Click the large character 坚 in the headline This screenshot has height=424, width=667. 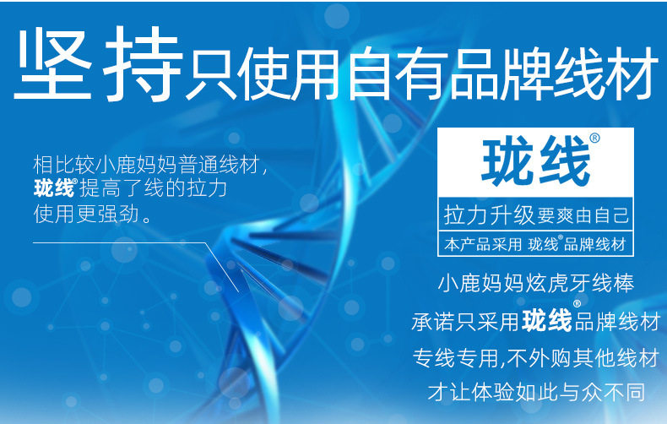[54, 64]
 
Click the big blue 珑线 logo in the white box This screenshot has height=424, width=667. [535, 161]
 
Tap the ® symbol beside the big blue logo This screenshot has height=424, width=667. [594, 138]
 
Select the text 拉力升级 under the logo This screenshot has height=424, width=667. [489, 215]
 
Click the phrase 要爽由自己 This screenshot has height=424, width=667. [583, 215]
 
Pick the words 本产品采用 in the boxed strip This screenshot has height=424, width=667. [483, 244]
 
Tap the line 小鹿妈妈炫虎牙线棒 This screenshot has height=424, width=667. [536, 284]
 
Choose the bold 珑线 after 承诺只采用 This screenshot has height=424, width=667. [547, 321]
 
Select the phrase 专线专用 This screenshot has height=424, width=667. [455, 357]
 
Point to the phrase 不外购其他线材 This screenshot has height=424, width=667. [583, 357]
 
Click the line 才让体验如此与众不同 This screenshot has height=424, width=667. [536, 392]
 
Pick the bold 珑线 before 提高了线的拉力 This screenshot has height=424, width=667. [53, 188]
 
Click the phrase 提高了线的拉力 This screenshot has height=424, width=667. [153, 188]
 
